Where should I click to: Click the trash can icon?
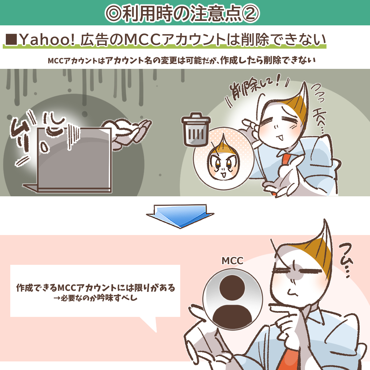click(196, 130)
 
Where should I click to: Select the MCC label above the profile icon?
click(232, 261)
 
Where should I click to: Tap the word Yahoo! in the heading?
click(47, 40)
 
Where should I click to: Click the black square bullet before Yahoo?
click(11, 39)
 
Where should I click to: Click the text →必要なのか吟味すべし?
click(95, 298)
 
